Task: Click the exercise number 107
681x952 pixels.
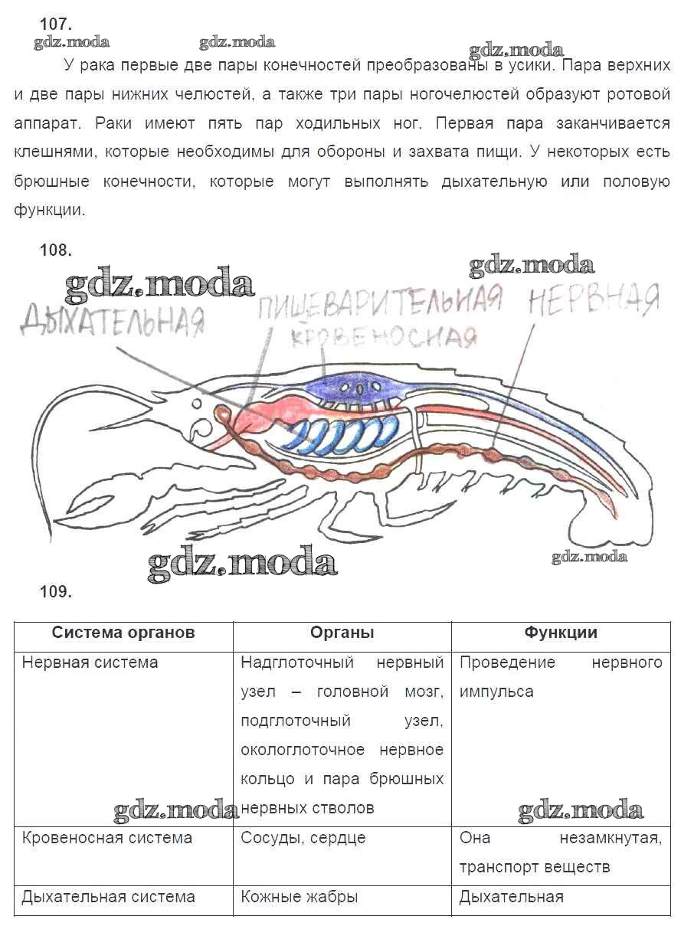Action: [x=56, y=24]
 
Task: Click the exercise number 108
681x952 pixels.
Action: [x=56, y=250]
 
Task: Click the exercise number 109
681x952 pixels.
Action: [x=56, y=591]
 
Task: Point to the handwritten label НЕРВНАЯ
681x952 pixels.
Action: [x=594, y=299]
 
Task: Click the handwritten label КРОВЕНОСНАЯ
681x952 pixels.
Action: [x=384, y=338]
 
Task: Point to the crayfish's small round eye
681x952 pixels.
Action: [x=196, y=402]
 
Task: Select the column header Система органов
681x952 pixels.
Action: [x=123, y=633]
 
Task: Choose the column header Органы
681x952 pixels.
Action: [x=342, y=633]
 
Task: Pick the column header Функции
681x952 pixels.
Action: [x=561, y=633]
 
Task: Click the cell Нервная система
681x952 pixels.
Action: [x=90, y=662]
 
